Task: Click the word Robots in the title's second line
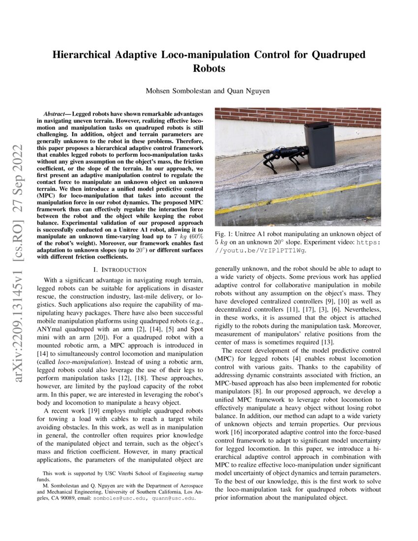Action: point(209,68)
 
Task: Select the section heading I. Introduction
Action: point(120,270)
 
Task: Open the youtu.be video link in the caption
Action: point(261,250)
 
